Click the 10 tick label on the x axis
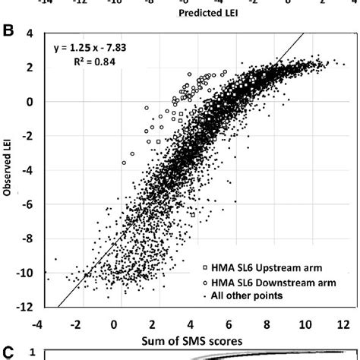[x=302, y=322]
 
